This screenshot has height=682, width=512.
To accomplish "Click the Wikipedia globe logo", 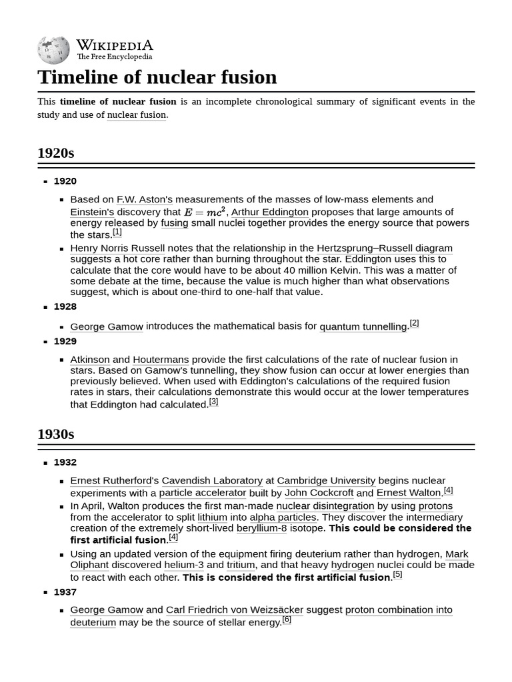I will [54, 49].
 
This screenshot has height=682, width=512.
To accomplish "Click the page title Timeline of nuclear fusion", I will [157, 77].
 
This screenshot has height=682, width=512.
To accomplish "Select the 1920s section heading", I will [56, 153].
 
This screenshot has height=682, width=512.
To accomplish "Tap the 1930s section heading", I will [56, 434].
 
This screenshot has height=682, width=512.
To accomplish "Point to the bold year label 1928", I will [65, 306].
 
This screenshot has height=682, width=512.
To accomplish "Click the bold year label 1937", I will [65, 591].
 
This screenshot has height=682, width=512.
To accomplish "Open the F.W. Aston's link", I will [145, 199].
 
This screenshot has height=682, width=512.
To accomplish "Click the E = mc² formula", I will [205, 212].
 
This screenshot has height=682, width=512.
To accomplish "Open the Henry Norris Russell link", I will [117, 248].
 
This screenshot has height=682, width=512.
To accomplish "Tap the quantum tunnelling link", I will [363, 326].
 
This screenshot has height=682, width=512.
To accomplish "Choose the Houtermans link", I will [161, 360].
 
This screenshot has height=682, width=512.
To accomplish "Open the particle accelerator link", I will [203, 493].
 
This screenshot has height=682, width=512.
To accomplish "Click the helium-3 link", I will [184, 565].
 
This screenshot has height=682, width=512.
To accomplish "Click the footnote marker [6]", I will [287, 620].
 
